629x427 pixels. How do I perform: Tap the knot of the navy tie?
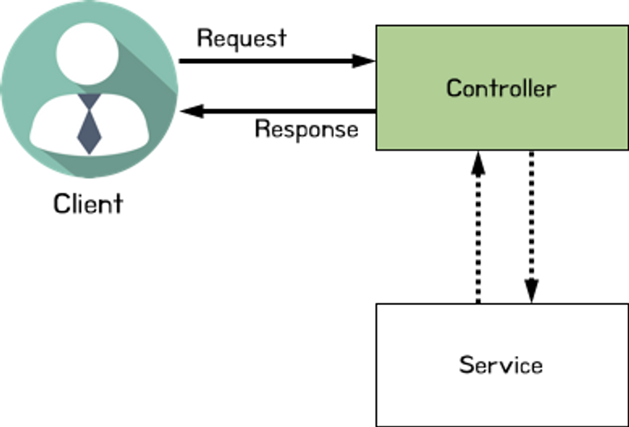(89, 103)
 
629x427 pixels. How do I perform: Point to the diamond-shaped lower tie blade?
(89, 132)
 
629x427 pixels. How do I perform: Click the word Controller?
(501, 88)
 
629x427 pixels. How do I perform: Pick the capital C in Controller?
(454, 88)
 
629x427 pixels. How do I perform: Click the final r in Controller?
(552, 89)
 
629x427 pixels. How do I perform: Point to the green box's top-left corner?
(378, 28)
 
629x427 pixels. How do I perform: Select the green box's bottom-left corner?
(378, 148)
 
